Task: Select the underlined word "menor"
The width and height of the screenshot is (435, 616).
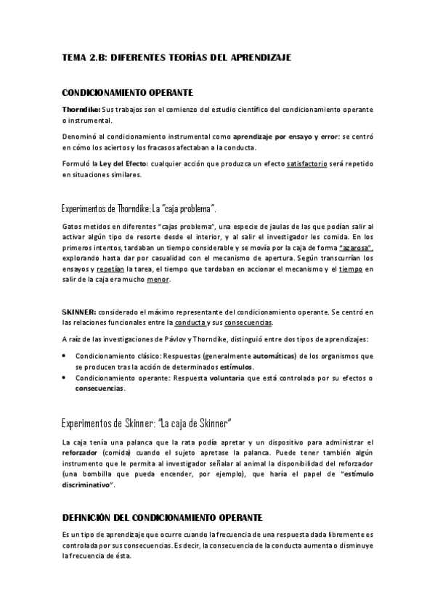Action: tap(158, 279)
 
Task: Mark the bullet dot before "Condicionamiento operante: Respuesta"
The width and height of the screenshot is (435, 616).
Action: tap(65, 378)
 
